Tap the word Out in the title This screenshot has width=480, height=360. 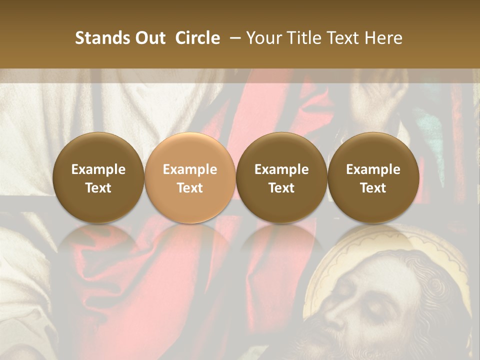click(x=149, y=38)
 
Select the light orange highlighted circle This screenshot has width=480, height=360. click(x=190, y=177)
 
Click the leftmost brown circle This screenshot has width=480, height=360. click(x=98, y=177)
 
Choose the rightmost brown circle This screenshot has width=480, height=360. click(x=373, y=177)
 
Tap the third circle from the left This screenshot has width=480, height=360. click(x=281, y=177)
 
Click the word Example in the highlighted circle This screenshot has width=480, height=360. click(x=190, y=169)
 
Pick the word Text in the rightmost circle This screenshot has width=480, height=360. click(x=373, y=188)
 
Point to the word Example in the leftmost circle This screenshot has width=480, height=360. click(x=98, y=169)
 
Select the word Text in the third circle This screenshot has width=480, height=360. click(x=281, y=188)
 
